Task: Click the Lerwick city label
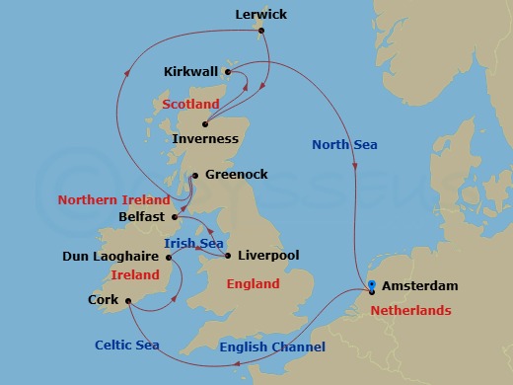coord(261,15)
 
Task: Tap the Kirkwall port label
coord(191,73)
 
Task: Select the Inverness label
coord(205,139)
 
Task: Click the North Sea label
coord(344,145)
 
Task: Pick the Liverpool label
coord(266,256)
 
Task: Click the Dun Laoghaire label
coord(110,258)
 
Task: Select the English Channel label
coord(271,347)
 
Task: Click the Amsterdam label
coord(421,286)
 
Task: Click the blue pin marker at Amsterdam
coord(372,287)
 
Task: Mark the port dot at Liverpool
coord(228,256)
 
